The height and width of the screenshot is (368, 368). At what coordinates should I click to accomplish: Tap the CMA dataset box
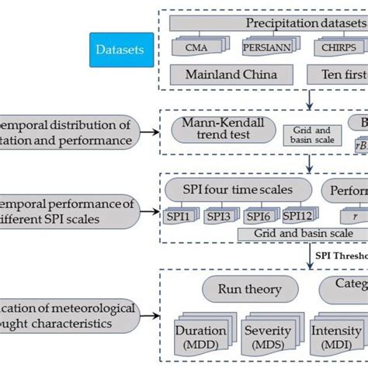point(195,49)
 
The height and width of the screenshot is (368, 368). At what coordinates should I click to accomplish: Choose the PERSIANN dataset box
point(261,49)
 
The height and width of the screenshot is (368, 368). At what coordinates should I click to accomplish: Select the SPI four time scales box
point(236,189)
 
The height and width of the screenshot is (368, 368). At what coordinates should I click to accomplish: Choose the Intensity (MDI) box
point(335,335)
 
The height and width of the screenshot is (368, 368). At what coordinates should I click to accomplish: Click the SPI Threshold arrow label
point(342,255)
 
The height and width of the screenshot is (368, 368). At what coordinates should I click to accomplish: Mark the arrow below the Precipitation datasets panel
point(310,99)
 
